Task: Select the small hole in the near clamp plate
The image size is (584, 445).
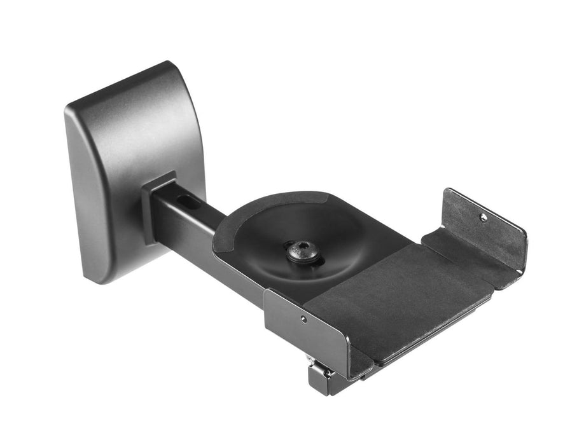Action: click(305, 318)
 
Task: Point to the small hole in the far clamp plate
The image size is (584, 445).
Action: click(483, 217)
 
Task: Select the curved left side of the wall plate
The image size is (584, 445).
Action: click(80, 191)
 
